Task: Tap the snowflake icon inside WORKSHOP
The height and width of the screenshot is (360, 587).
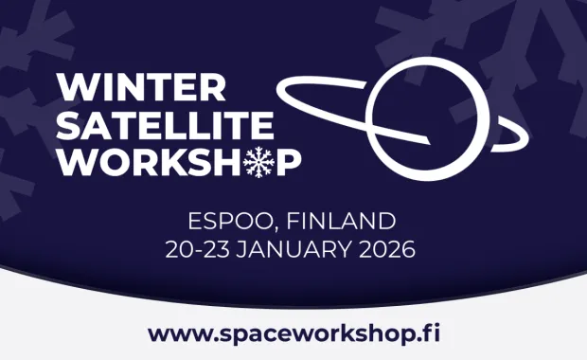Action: (x=258, y=162)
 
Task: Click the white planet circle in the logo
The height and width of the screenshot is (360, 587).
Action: (x=414, y=111)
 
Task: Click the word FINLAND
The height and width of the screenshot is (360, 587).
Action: (x=340, y=223)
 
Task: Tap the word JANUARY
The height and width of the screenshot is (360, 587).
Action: (x=300, y=251)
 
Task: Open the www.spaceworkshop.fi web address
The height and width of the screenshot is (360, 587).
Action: (x=293, y=333)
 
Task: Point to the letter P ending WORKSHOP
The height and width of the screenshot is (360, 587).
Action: (x=289, y=162)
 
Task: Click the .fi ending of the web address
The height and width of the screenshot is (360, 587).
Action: (x=429, y=333)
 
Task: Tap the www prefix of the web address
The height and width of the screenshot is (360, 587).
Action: (x=172, y=334)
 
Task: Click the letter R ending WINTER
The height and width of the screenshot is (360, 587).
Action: (x=213, y=88)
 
